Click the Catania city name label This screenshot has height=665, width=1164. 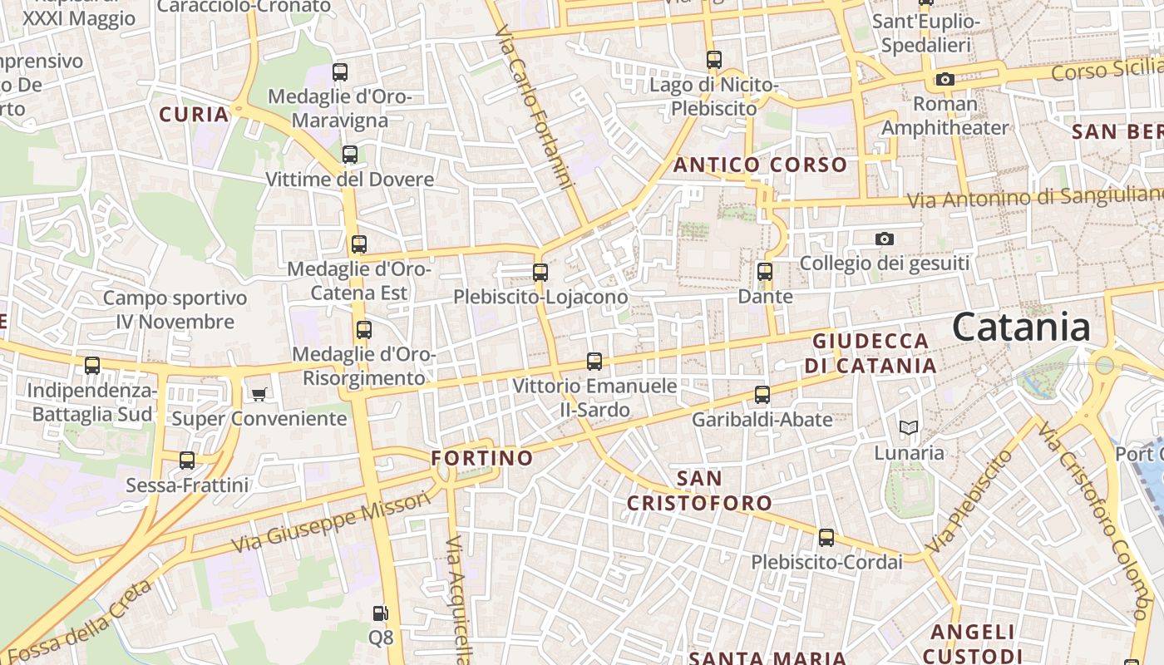click(x=1021, y=327)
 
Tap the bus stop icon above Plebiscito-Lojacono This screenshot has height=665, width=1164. click(x=540, y=272)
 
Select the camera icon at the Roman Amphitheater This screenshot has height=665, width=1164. click(x=945, y=79)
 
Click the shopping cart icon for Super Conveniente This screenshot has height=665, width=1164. click(x=259, y=394)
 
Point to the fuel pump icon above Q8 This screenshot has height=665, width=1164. click(x=380, y=613)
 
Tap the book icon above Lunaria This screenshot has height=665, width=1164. click(x=909, y=428)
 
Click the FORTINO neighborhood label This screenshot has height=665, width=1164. click(x=482, y=458)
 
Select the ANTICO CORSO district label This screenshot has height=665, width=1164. click(x=760, y=165)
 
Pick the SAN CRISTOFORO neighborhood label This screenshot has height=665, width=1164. click(x=699, y=490)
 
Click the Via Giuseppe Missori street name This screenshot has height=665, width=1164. click(x=332, y=522)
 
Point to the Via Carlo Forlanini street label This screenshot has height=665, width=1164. click(x=535, y=106)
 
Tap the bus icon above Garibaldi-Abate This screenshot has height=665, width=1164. click(x=762, y=395)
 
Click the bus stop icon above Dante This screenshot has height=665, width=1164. click(x=765, y=272)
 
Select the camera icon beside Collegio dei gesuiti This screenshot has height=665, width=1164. click(x=885, y=239)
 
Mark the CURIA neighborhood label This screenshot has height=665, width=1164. click(x=194, y=115)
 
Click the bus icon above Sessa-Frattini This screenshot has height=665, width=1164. click(x=187, y=460)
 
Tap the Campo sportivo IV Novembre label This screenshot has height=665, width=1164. click(x=175, y=309)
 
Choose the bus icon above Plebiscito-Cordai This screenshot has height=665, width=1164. click(x=826, y=538)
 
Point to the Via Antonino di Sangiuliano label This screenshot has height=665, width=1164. click(x=1034, y=198)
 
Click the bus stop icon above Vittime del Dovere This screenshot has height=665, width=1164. click(x=350, y=154)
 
